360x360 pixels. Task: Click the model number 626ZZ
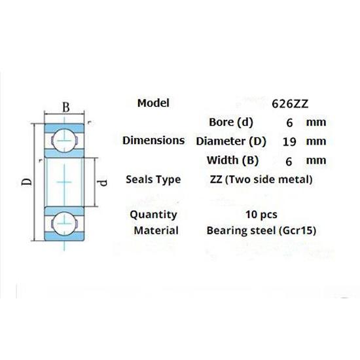tap(289, 103)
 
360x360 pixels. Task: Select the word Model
tap(153, 103)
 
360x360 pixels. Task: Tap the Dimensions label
tap(153, 140)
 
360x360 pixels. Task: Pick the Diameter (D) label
tap(232, 141)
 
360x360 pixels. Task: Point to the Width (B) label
tap(232, 160)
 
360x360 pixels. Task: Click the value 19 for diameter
tap(289, 141)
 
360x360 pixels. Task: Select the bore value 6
tap(289, 122)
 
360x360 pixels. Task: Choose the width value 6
tap(289, 160)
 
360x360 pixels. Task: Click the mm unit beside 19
tap(317, 141)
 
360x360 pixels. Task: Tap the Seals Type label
tap(153, 179)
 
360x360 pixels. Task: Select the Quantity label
tap(153, 214)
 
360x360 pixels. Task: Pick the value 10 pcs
tap(260, 214)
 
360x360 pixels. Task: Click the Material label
tap(156, 230)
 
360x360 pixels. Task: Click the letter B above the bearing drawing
tap(65, 107)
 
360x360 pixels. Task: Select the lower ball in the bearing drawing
tap(63, 221)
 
